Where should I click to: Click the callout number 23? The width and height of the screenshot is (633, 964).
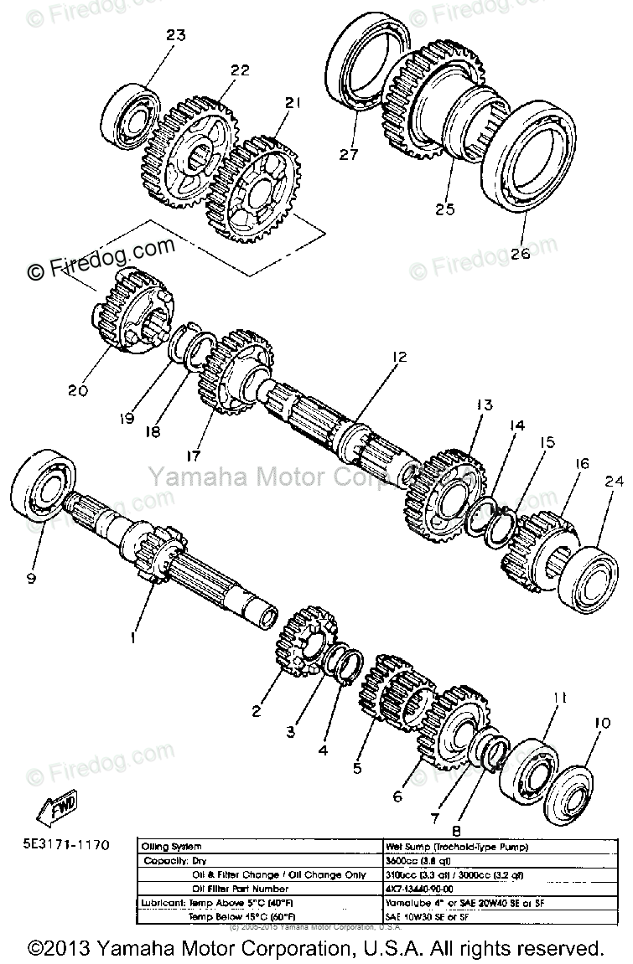pos(176,35)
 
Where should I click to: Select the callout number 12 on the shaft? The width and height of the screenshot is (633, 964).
pos(397,358)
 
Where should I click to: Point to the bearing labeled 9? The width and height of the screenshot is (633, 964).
pos(44,493)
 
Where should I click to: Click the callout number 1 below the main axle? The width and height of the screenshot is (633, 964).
pos(132,637)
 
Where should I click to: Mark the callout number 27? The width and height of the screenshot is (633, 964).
pos(349,154)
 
